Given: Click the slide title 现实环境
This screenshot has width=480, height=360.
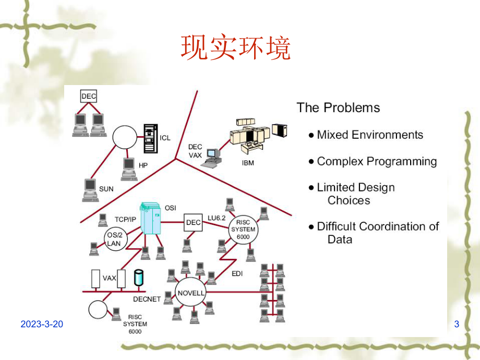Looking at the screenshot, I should pyautogui.click(x=235, y=49).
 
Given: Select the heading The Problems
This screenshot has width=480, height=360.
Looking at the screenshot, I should pyautogui.click(x=338, y=108).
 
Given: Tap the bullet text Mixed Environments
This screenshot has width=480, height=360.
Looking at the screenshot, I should pyautogui.click(x=370, y=135).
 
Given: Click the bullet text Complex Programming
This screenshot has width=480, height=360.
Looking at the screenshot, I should pyautogui.click(x=377, y=161).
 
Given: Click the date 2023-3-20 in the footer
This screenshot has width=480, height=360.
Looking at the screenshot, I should pyautogui.click(x=42, y=324).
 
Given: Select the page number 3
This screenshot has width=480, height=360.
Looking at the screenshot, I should pyautogui.click(x=457, y=324).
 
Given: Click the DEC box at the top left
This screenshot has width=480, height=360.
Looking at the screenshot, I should pyautogui.click(x=89, y=96).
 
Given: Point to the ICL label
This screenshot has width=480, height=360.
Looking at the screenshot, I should pyautogui.click(x=165, y=138).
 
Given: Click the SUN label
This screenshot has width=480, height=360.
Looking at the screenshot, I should pyautogui.click(x=106, y=188).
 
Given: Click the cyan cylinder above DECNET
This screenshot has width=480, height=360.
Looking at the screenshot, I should pyautogui.click(x=138, y=277).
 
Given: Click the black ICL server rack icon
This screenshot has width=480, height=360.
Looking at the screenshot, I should pyautogui.click(x=150, y=138).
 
